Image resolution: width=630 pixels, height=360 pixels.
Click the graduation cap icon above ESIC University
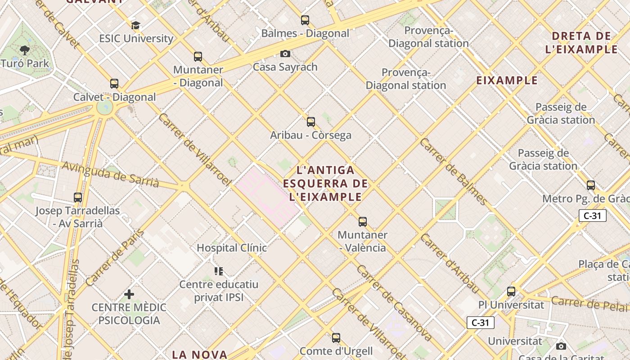point(136,26)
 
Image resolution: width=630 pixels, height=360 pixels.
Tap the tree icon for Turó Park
point(24,50)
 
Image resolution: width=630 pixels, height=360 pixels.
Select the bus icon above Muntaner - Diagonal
point(198,57)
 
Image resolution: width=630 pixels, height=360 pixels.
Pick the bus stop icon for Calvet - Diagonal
point(114,84)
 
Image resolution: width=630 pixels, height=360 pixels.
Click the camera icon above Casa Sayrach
point(285,54)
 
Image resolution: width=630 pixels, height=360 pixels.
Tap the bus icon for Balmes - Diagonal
point(305,20)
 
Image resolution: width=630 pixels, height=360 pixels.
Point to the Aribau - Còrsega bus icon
point(311,122)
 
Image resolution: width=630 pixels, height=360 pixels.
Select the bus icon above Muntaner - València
point(363,222)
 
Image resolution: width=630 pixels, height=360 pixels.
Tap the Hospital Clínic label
point(232,248)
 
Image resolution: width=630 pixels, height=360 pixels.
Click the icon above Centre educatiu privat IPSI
point(219,271)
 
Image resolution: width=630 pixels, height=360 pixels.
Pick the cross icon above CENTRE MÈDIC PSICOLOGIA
point(129,295)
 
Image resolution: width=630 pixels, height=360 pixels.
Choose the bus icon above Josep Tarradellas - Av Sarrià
point(78,198)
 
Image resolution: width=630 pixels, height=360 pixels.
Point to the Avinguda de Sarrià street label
point(110,175)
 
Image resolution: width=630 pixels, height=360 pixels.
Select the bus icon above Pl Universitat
point(511,292)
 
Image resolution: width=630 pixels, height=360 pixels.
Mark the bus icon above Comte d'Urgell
point(336,338)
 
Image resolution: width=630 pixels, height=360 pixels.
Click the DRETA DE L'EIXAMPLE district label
point(581,43)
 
